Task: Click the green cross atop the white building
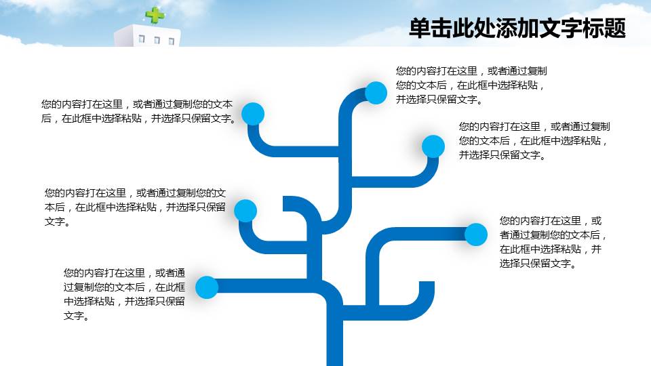pyautogui.click(x=155, y=15)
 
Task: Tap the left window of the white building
pyautogui.click(x=142, y=39)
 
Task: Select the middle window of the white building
pyautogui.click(x=157, y=40)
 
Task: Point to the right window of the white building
pyautogui.click(x=171, y=41)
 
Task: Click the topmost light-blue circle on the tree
pyautogui.click(x=376, y=93)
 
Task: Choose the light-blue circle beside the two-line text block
pyautogui.click(x=253, y=114)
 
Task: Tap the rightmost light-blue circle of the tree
pyautogui.click(x=476, y=235)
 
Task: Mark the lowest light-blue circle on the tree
pyautogui.click(x=207, y=287)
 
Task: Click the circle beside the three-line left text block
pyautogui.click(x=245, y=210)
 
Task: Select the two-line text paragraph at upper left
pyautogui.click(x=138, y=111)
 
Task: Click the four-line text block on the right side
pyautogui.click(x=553, y=242)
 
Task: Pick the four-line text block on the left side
pyautogui.click(x=124, y=294)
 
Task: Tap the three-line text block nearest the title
pyautogui.click(x=471, y=85)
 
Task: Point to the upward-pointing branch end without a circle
pyautogui.click(x=427, y=283)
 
